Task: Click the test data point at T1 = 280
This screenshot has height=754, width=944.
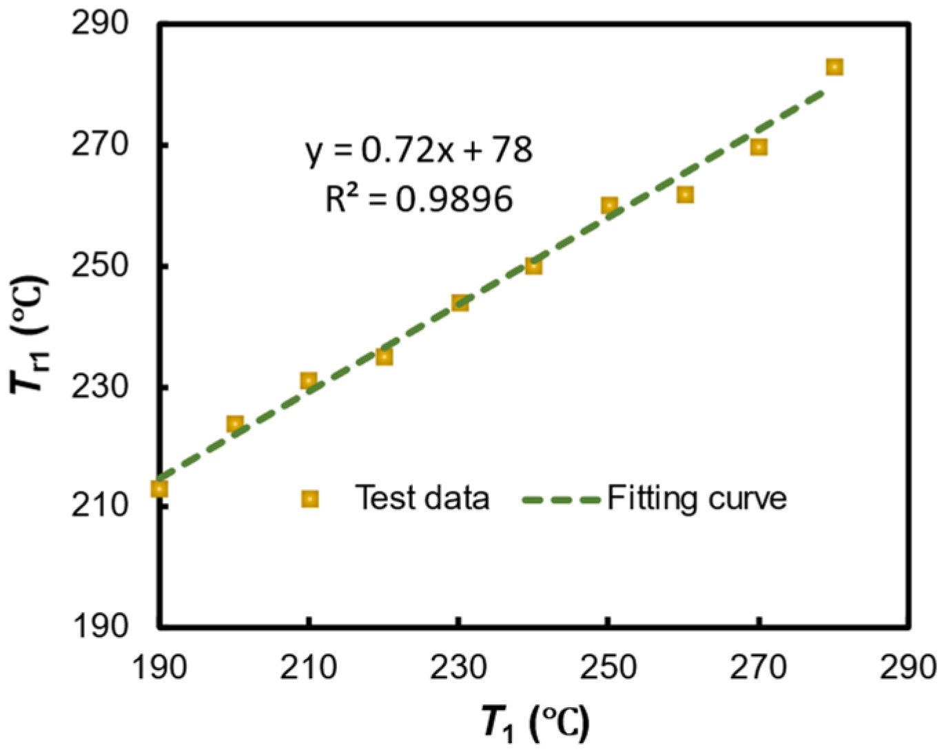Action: coord(834,67)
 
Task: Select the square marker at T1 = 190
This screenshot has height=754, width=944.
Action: coord(159,489)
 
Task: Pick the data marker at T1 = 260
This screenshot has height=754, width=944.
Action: coord(685,195)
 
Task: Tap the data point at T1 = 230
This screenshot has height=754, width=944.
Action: coord(460,302)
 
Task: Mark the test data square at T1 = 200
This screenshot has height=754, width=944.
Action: coord(235,423)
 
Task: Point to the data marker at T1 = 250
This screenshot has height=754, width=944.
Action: coord(609,205)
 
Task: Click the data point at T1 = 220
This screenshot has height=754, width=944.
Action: coord(384,357)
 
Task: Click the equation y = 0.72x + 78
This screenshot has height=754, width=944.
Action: coord(419,149)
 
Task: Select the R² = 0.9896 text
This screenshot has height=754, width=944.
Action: coord(419,199)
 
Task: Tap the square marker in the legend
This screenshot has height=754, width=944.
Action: coord(310,499)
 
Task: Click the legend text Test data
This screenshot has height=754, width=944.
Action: coord(422,497)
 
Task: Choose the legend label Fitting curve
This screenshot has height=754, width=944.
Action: coord(697,498)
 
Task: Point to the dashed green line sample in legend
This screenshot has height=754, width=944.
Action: coord(562,499)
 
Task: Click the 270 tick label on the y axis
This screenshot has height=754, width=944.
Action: coord(101,145)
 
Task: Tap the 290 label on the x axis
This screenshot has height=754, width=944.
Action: coord(907,667)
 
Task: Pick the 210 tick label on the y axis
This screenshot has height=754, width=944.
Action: coord(101,506)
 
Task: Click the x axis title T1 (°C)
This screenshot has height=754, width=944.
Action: coord(535,723)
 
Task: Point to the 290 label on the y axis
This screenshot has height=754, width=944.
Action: coord(101,24)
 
